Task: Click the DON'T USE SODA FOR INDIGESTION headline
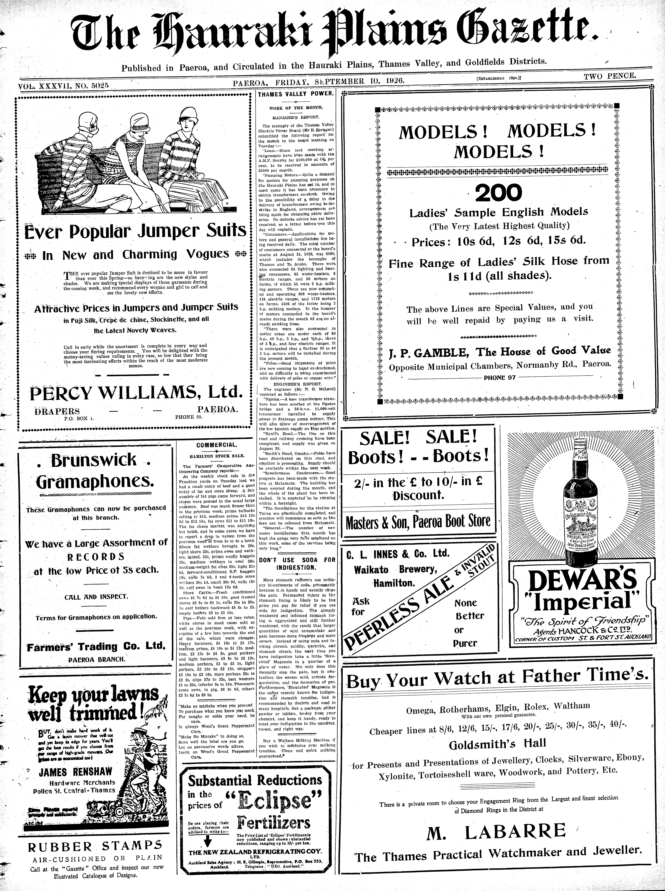coord(297,563)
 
